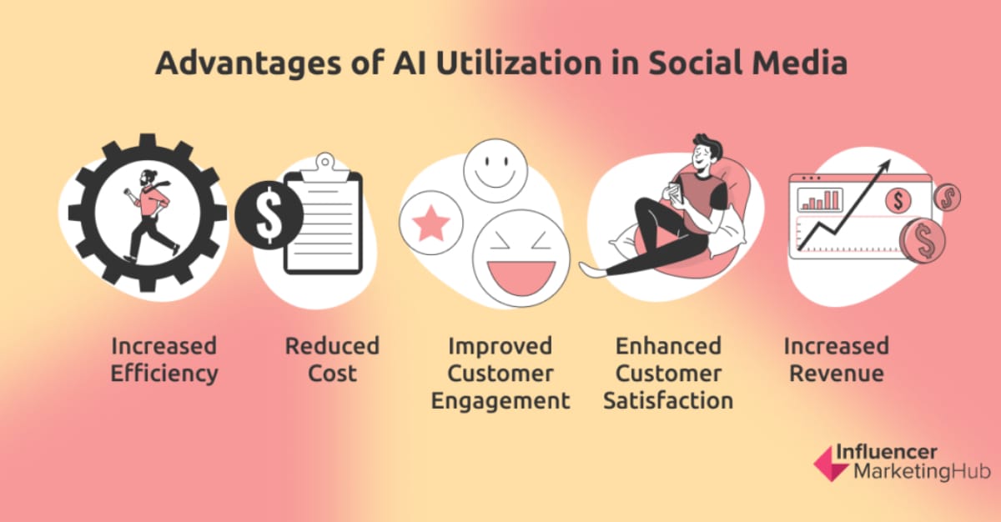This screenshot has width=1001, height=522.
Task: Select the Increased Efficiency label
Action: pyautogui.click(x=164, y=359)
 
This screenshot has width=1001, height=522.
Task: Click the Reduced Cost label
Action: pyautogui.click(x=332, y=359)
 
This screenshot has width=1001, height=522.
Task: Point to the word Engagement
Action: pyautogui.click(x=500, y=399)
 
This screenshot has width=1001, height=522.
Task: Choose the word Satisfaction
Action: pyautogui.click(x=668, y=399)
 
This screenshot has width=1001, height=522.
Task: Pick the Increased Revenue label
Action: pyautogui.click(x=837, y=359)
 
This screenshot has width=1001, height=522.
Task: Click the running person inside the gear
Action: pyautogui.click(x=149, y=213)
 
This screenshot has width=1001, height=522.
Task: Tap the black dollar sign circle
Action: pyautogui.click(x=269, y=215)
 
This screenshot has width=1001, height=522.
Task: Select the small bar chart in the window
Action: pyautogui.click(x=820, y=200)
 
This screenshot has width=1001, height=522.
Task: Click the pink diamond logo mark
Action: pyautogui.click(x=829, y=463)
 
